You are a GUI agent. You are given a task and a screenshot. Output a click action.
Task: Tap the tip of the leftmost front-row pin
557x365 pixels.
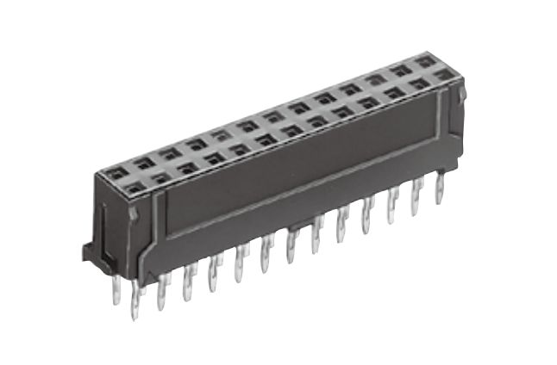pyautogui.click(x=135, y=315)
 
